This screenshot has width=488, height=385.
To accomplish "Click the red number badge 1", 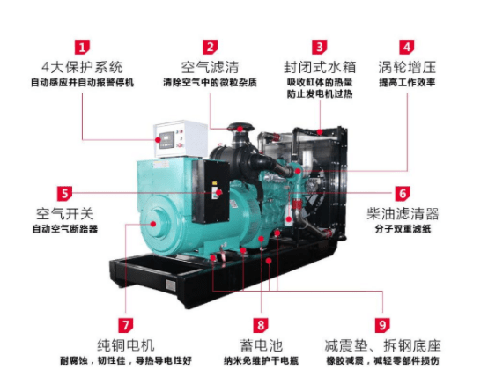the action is pyautogui.click(x=82, y=48).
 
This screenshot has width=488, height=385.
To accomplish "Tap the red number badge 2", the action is pyautogui.click(x=211, y=48).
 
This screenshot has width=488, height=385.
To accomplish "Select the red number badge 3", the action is pyautogui.click(x=320, y=48).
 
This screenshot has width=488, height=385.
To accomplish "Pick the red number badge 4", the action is pyautogui.click(x=407, y=48).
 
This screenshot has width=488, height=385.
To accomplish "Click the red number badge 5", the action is pyautogui.click(x=64, y=193).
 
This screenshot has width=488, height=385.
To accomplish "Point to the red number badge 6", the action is pyautogui.click(x=403, y=193).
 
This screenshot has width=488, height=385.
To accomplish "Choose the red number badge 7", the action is pyautogui.click(x=126, y=325).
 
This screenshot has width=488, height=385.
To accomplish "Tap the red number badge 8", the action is pyautogui.click(x=261, y=325).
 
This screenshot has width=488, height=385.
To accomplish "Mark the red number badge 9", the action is pyautogui.click(x=382, y=325).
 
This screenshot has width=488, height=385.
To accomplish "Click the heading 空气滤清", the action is pyautogui.click(x=210, y=67).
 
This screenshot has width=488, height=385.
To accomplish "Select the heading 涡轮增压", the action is pyautogui.click(x=407, y=67).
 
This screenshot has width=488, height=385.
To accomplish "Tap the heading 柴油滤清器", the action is pyautogui.click(x=403, y=213).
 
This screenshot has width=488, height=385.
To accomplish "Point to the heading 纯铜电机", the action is pyautogui.click(x=126, y=345).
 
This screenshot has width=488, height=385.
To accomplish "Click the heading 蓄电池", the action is pyautogui.click(x=261, y=345).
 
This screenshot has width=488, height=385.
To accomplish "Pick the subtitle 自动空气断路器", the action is pyautogui.click(x=65, y=229).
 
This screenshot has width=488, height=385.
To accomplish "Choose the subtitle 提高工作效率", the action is pyautogui.click(x=407, y=83).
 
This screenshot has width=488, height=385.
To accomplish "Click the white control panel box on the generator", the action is pyautogui.click(x=181, y=138).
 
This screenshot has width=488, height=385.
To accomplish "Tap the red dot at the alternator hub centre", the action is pyautogui.click(x=153, y=224).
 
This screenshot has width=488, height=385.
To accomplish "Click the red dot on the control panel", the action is pyautogui.click(x=158, y=139).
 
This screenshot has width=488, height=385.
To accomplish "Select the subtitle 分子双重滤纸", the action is pyautogui.click(x=403, y=229).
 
